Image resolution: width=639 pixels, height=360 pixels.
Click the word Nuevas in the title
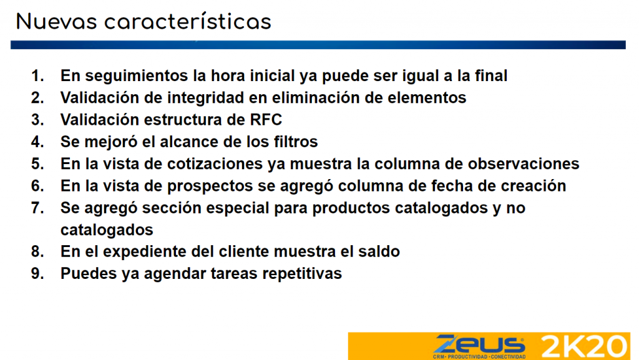[x=57, y=22]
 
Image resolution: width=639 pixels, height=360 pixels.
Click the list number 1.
[x=37, y=75]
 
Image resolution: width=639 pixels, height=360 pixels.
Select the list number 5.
[x=37, y=163]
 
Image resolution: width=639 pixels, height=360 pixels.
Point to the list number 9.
[x=37, y=273]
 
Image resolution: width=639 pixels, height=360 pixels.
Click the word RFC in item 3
[x=266, y=120]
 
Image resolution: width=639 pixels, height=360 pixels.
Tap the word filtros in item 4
[x=296, y=142]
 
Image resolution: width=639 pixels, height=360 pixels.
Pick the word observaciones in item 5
[x=524, y=163]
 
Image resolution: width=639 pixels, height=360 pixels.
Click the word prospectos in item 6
[x=210, y=186]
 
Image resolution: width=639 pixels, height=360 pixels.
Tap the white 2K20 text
[x=583, y=346]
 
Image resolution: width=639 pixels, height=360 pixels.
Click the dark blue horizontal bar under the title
[x=318, y=45]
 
